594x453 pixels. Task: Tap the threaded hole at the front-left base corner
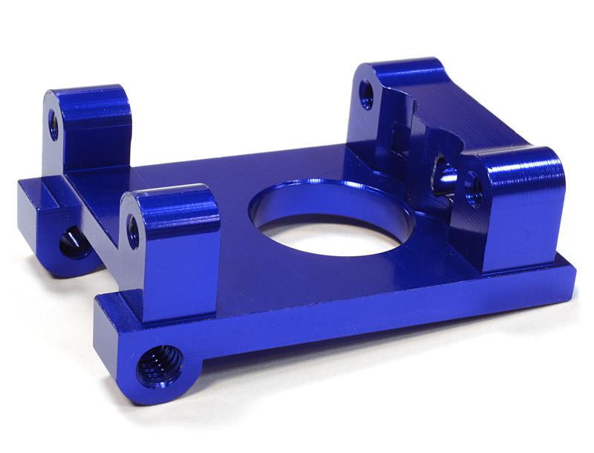[x=158, y=365]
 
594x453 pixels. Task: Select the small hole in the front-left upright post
[x=133, y=231]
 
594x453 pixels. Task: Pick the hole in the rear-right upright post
[x=366, y=94]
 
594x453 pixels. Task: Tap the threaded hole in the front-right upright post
[x=474, y=189]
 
